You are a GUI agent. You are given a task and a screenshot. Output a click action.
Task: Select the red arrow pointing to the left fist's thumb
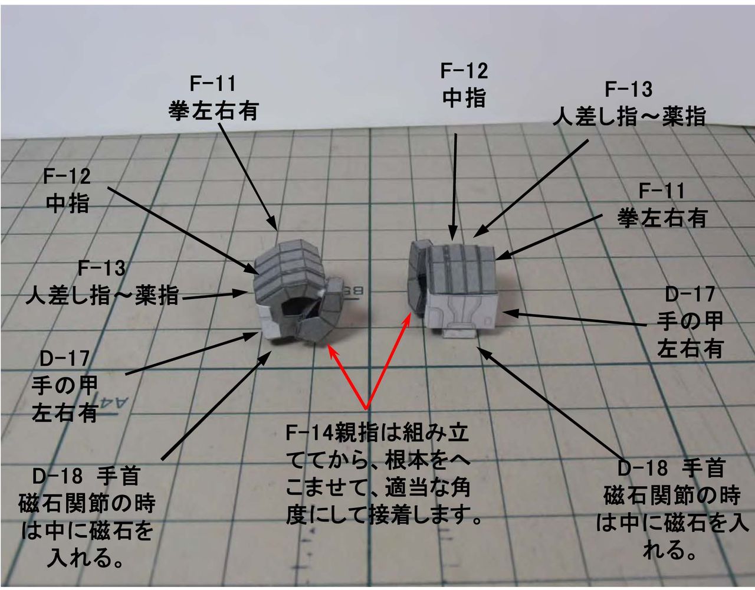tap(348, 378)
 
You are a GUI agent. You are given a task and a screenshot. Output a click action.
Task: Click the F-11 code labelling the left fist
tap(212, 84)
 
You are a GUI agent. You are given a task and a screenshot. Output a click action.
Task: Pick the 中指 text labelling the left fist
tap(67, 204)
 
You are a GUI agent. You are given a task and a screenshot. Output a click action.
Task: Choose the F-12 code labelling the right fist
tap(464, 71)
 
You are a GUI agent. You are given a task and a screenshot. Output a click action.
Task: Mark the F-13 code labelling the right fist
tap(629, 90)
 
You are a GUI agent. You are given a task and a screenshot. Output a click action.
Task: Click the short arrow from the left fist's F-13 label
tap(215, 296)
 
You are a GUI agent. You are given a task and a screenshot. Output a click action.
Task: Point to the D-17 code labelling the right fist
tap(690, 294)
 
